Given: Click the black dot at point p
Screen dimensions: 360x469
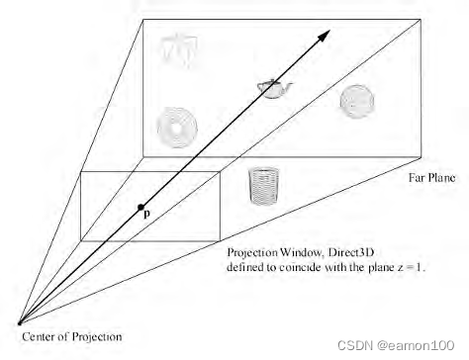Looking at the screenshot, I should coord(141,207).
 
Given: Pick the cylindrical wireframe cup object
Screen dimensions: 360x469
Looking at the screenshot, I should coord(262,185).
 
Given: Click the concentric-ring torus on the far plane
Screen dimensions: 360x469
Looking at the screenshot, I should coord(176,127).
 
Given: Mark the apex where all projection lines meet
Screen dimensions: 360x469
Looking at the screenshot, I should coord(20,322).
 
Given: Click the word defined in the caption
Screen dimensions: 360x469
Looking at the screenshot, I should coord(245,267).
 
